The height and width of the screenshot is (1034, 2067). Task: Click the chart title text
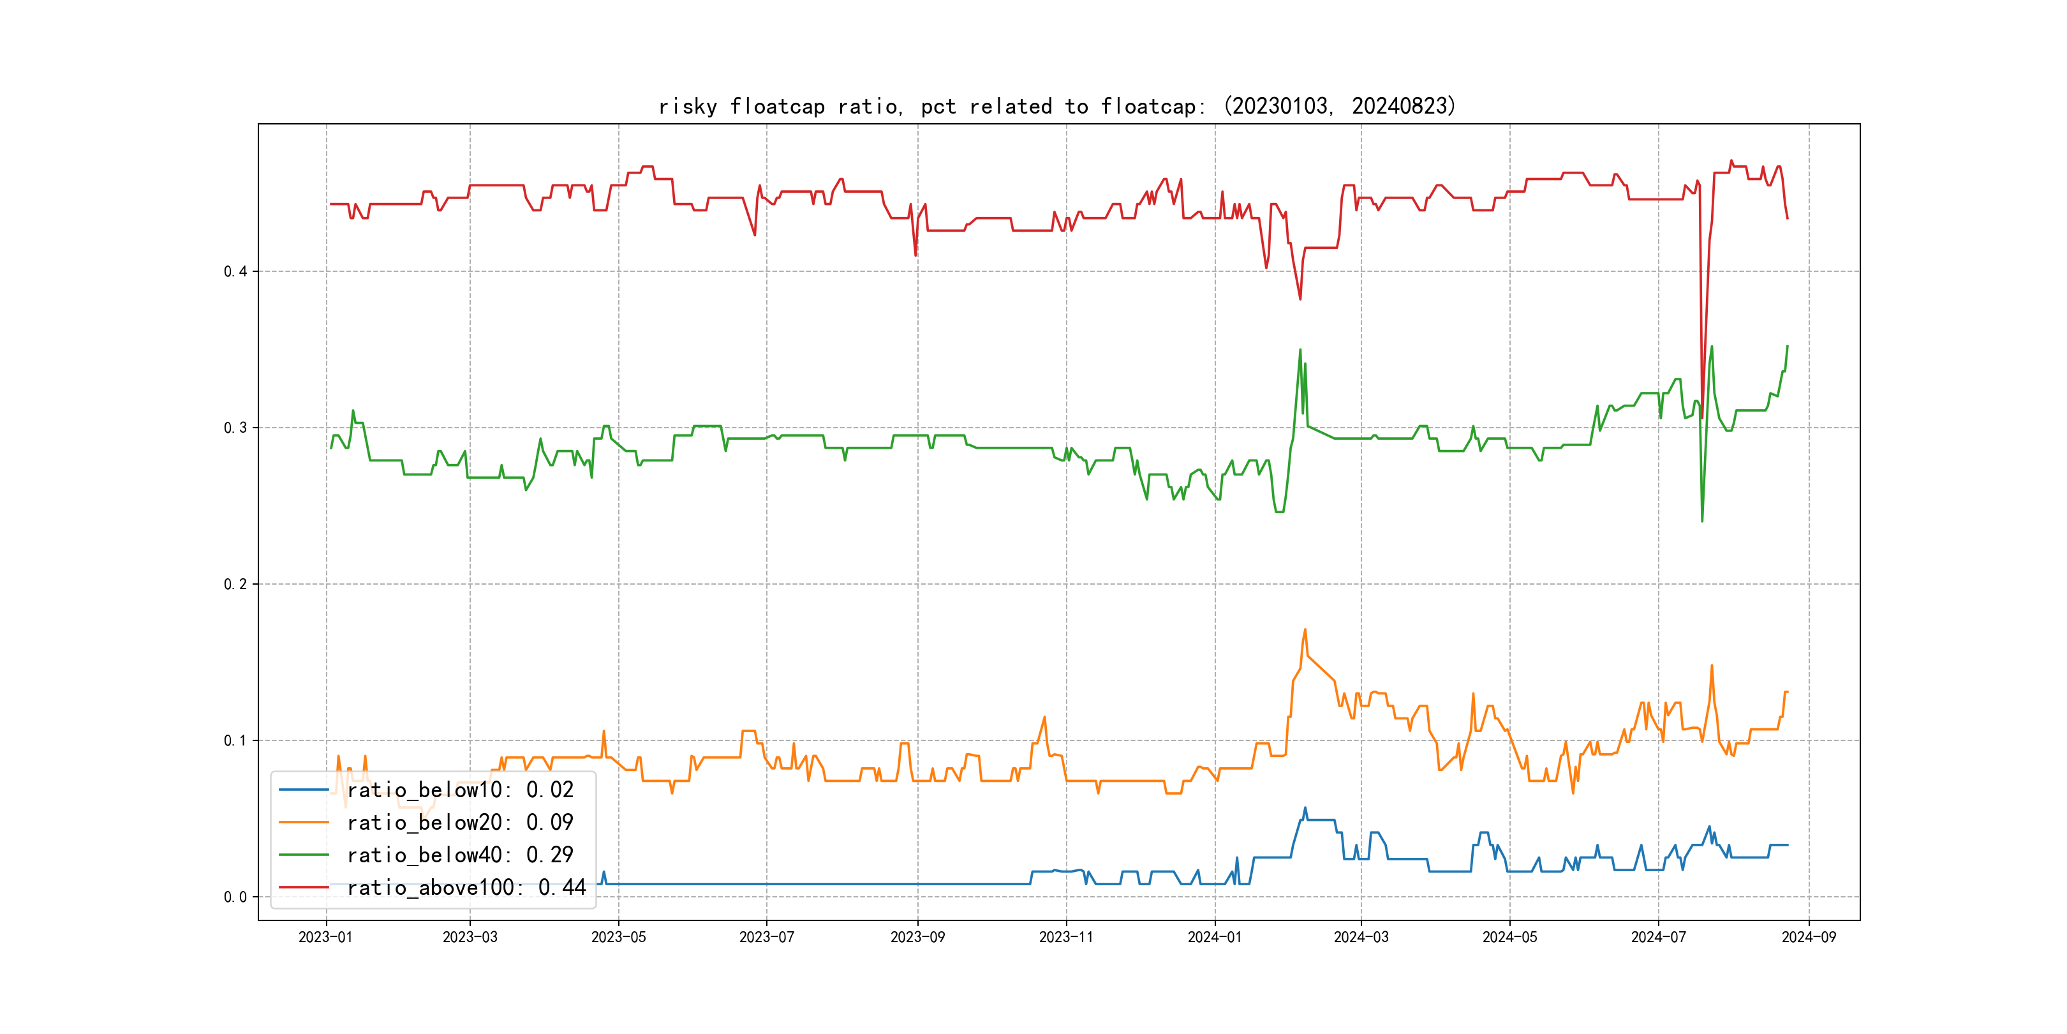(x=1056, y=106)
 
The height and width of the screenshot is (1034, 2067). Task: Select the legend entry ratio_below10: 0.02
(x=460, y=790)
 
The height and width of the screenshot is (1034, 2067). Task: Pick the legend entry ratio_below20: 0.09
(x=460, y=823)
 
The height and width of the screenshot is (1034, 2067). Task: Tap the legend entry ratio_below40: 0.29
(x=460, y=855)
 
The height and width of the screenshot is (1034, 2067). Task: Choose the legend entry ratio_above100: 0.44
(x=466, y=888)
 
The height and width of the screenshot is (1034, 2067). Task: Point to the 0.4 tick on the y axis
(x=235, y=271)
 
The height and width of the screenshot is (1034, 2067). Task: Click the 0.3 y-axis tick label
(x=235, y=428)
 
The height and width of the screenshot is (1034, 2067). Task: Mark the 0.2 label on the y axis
(x=235, y=585)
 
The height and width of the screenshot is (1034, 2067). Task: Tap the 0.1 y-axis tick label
(x=235, y=741)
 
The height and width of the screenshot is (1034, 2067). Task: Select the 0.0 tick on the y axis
(x=235, y=897)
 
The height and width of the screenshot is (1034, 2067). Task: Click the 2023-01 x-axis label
(x=326, y=938)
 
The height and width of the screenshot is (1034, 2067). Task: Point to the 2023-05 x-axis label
(x=619, y=938)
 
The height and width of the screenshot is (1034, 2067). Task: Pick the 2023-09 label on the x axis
(x=918, y=938)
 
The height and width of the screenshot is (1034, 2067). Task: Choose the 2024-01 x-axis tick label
(x=1215, y=938)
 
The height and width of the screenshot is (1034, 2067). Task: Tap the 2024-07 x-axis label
(x=1659, y=938)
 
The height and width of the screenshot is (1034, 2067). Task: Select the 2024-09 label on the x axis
(x=1809, y=938)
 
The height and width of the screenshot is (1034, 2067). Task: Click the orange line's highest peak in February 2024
(x=1305, y=629)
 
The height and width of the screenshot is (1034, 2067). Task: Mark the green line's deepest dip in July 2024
(x=1702, y=521)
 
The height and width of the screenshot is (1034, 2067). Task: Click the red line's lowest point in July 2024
(x=1702, y=417)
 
